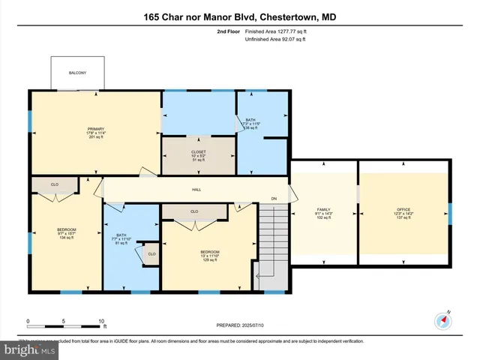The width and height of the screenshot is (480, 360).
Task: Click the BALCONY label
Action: (x=76, y=73)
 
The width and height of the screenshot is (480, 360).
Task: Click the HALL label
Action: (x=196, y=190)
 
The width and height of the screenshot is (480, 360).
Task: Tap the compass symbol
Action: (x=443, y=322)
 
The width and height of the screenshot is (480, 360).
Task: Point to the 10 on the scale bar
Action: (x=101, y=320)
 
